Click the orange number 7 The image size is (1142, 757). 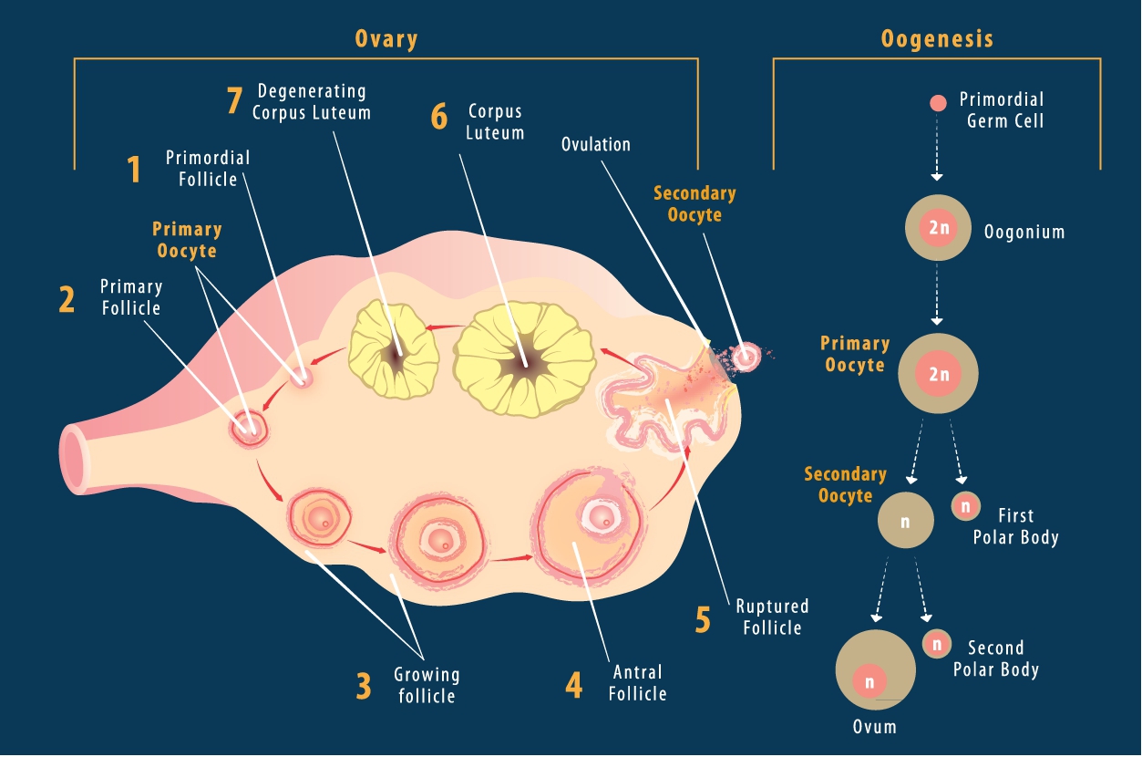[235, 101]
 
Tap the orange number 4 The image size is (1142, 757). [573, 685]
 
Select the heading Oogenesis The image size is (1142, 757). [937, 39]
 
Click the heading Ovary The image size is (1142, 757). [386, 39]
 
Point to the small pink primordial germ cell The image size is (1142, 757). [938, 102]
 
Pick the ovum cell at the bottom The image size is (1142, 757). [875, 670]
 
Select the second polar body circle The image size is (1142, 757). [937, 644]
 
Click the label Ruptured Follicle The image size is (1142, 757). [772, 617]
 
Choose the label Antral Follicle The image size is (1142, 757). [638, 683]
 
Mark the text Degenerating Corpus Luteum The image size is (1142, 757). [312, 102]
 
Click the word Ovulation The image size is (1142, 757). [596, 144]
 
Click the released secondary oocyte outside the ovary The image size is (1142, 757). [746, 357]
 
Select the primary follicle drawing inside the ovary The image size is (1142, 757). [248, 426]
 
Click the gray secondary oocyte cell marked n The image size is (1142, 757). [905, 520]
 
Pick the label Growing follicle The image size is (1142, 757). [427, 685]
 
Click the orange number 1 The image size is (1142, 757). [134, 170]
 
